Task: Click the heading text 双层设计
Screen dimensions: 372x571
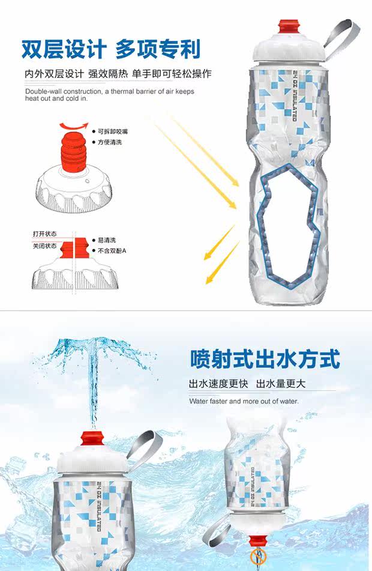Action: [x=64, y=49]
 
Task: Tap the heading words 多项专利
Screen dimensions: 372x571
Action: [x=158, y=49]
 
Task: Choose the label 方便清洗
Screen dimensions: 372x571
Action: [x=109, y=142]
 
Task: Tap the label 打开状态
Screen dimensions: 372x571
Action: [x=45, y=233]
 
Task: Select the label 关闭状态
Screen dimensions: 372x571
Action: [x=45, y=246]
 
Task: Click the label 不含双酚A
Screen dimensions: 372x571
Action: [x=112, y=250]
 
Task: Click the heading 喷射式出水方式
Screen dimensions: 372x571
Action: [x=265, y=359]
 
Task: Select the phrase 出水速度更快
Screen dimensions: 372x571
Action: [x=217, y=384]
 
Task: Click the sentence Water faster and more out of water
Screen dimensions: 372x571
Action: [x=244, y=400]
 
